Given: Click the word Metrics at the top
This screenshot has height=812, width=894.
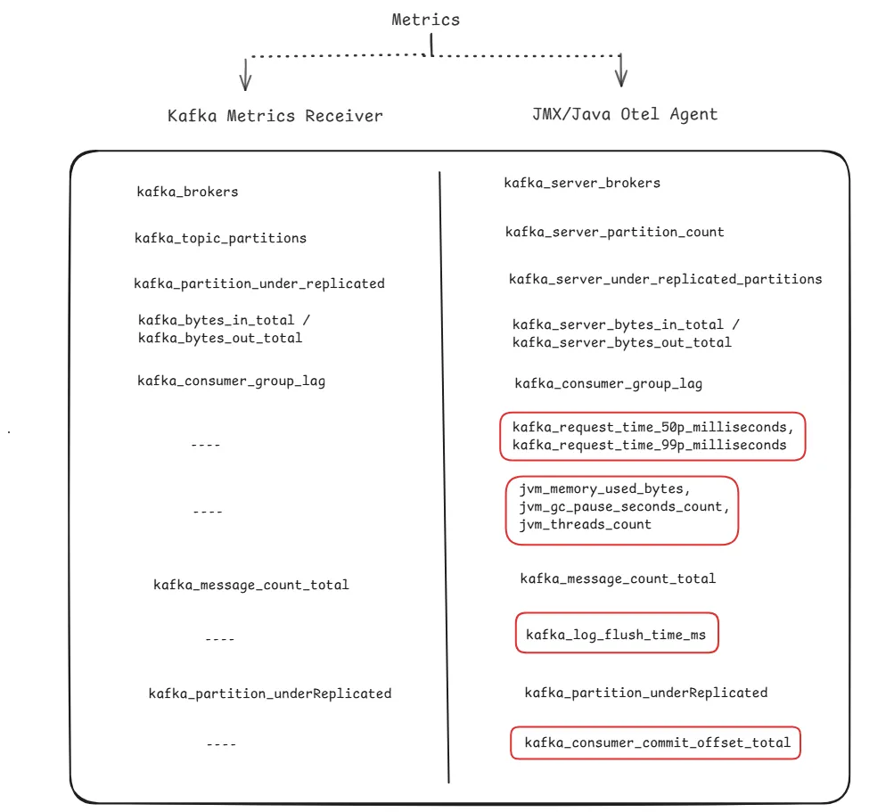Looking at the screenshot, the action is (425, 20).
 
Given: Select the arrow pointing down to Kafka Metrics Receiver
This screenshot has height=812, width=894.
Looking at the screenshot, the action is (245, 74).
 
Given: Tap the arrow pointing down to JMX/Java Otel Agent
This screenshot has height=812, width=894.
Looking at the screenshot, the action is (621, 70).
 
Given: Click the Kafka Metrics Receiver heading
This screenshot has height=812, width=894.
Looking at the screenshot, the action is (275, 116).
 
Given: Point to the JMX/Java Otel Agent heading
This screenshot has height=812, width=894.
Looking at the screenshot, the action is (625, 114).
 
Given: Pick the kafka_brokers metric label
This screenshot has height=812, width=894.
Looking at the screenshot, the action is (187, 192).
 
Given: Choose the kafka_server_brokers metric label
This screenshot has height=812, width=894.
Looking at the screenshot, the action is (582, 183).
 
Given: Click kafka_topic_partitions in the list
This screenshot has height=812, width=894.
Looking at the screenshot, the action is (221, 238).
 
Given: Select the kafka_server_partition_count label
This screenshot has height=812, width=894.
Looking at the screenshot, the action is (615, 232).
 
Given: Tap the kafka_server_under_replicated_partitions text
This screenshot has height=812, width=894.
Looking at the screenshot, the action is (665, 279).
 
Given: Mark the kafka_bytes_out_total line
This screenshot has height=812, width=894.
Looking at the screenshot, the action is (220, 338).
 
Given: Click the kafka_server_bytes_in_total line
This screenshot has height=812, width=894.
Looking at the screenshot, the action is (618, 324).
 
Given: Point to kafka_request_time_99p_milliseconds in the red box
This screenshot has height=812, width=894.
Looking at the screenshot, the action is (650, 446).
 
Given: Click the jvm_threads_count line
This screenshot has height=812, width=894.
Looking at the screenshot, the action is (585, 525).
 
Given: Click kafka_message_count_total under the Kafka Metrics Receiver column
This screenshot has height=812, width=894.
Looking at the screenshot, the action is (250, 585).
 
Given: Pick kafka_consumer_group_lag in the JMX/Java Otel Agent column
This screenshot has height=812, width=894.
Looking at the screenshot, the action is (609, 384).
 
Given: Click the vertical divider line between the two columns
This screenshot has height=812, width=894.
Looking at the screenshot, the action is (444, 477).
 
